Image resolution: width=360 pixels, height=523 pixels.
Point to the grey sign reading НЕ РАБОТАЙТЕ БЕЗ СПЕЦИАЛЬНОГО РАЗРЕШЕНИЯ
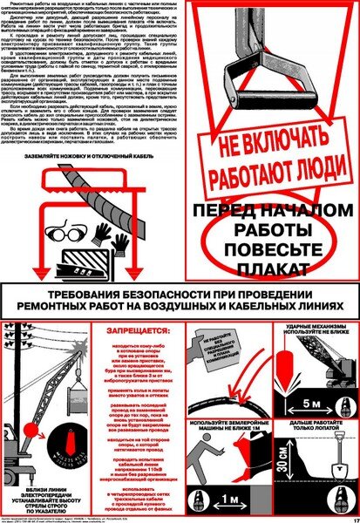pos(214,339)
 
